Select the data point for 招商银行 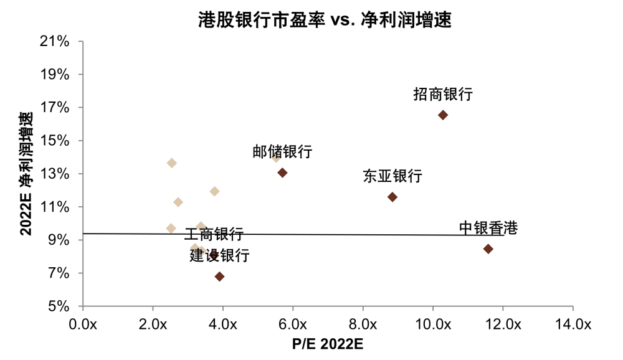(443, 115)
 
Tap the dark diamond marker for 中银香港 (488, 249)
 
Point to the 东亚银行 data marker (392, 197)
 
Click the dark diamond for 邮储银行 (282, 173)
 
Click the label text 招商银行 (443, 95)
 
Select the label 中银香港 (488, 228)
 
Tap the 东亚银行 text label (392, 176)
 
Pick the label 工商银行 (214, 234)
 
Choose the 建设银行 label (219, 255)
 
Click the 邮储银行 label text (282, 152)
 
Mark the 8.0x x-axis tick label (363, 324)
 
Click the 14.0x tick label (572, 324)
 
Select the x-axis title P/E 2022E (327, 344)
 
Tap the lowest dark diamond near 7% (219, 277)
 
